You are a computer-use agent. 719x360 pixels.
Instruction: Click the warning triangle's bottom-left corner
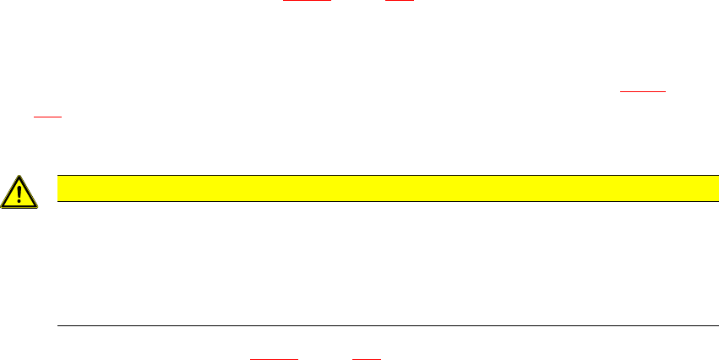(x=3, y=207)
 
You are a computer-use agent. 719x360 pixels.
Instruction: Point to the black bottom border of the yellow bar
(x=381, y=201)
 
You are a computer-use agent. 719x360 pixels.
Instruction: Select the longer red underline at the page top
(x=307, y=2)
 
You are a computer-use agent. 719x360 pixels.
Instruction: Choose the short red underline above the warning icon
(x=47, y=117)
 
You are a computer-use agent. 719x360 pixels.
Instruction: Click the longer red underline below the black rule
(x=275, y=358)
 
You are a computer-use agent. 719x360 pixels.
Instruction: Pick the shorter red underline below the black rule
(x=366, y=358)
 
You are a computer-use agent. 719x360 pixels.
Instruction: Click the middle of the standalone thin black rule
(x=381, y=325)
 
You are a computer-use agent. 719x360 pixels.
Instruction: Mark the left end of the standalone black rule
(x=57, y=325)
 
